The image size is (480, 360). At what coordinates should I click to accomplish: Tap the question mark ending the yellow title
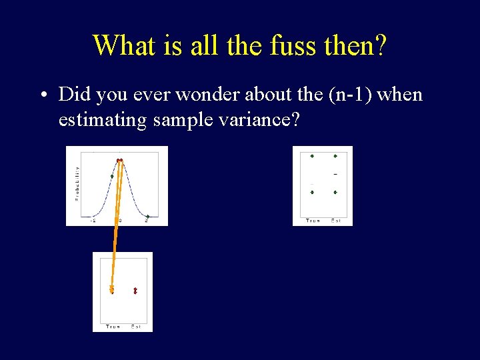tap(379, 45)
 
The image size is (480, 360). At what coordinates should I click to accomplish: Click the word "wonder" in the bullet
tap(223, 95)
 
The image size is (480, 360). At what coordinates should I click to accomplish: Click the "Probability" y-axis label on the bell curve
tap(77, 183)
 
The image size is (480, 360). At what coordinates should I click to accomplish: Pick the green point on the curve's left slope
tap(112, 176)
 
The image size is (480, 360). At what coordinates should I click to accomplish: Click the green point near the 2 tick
tap(147, 216)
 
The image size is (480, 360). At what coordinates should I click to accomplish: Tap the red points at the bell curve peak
tap(120, 160)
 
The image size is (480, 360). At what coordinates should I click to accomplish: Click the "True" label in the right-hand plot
tap(313, 221)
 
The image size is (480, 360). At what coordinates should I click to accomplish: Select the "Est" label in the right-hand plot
tap(337, 221)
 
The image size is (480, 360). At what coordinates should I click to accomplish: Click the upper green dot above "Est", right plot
tap(335, 157)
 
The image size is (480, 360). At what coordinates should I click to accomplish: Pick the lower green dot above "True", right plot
tap(312, 192)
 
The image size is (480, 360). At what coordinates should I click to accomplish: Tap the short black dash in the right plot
tap(335, 174)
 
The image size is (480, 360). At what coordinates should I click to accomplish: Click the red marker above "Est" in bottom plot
tap(135, 291)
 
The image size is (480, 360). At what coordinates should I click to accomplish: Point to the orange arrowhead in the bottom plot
tap(112, 290)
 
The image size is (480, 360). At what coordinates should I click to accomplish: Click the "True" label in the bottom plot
tap(113, 326)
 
